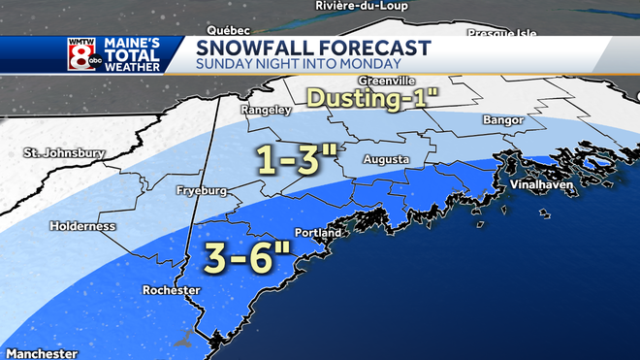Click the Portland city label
click(318, 234)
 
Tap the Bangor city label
click(502, 120)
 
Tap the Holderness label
click(83, 226)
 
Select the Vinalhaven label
click(538, 183)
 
